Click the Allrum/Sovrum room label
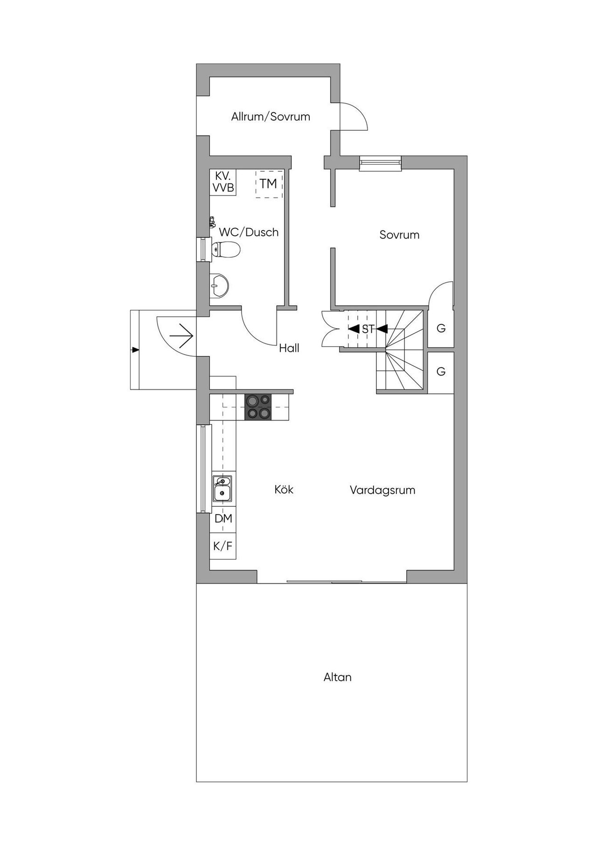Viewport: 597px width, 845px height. pos(271,117)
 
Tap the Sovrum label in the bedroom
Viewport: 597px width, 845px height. pos(399,235)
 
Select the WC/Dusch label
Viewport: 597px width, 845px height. pos(249,232)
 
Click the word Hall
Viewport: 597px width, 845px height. pos(289,348)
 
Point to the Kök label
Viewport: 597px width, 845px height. pos(284,490)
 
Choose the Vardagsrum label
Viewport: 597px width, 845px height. pos(382,490)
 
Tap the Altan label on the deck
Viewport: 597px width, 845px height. pos(338,677)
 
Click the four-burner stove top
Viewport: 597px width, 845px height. pos(258,407)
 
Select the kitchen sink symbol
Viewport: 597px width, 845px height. pos(222,488)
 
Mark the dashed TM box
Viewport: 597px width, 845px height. pos(269,184)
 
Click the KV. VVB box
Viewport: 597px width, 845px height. pos(223,182)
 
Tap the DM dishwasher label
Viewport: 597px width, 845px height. pos(223,519)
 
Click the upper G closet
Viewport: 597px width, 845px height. pos(441,328)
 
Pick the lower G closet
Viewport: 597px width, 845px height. pos(441,371)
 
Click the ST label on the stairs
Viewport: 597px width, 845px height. pos(368,329)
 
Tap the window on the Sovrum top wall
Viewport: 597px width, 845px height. pos(381,162)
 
